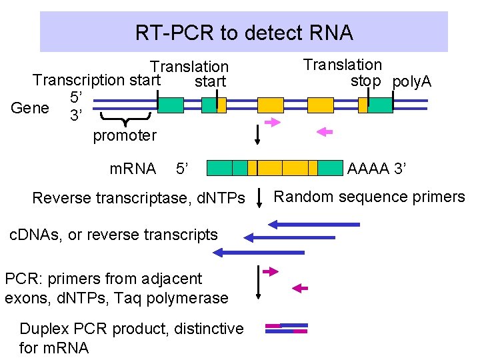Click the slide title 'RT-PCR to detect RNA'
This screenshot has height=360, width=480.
(243, 32)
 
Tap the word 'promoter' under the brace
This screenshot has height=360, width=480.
(124, 136)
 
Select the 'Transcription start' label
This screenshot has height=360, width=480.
(97, 81)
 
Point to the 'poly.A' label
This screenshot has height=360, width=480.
(411, 82)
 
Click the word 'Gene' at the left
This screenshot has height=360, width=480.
(30, 108)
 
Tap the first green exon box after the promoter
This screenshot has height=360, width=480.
(171, 105)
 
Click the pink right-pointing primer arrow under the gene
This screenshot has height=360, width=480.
(273, 122)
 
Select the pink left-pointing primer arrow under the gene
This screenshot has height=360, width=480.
(324, 132)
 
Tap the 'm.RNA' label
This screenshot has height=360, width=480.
(132, 169)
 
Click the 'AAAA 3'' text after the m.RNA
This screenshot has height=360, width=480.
(377, 169)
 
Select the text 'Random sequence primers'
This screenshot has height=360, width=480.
(369, 197)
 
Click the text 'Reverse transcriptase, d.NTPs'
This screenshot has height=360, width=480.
(139, 198)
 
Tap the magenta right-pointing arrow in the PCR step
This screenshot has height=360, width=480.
(270, 272)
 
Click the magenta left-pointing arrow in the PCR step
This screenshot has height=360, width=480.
(301, 288)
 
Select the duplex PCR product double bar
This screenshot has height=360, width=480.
(287, 327)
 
